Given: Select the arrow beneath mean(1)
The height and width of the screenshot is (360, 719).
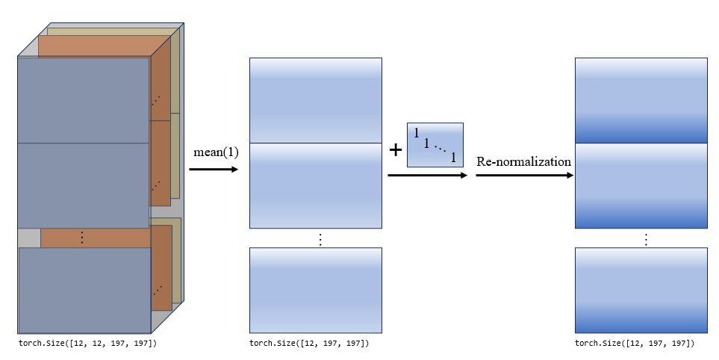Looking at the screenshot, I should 213,170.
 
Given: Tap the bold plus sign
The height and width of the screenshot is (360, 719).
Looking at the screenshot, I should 396,150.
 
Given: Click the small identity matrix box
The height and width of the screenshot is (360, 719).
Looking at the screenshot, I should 435,145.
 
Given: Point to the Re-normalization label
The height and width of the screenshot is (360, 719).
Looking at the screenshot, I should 523,161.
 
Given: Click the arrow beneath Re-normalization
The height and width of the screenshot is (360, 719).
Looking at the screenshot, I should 524,176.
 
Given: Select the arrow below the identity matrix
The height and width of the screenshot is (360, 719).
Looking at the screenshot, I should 427,176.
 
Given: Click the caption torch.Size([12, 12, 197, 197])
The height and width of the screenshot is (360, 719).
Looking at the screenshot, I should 87,344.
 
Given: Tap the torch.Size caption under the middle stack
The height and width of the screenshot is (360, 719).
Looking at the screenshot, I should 309,344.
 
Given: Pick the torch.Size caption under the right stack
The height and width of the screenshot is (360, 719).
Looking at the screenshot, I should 635,344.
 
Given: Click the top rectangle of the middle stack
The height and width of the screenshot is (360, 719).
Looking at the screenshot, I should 316,100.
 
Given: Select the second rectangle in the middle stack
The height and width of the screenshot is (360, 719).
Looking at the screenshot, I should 316,185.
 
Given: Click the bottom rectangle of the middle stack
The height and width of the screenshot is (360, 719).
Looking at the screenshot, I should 316,290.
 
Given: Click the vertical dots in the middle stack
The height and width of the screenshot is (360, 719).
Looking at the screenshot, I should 320,239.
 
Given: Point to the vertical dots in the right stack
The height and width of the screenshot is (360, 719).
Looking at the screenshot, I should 646,239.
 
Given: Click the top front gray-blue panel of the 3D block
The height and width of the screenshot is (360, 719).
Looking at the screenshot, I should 83,99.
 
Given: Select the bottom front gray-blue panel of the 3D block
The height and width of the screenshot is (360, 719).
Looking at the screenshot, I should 84,290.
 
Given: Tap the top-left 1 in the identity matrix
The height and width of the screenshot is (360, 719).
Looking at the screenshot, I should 417,133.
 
